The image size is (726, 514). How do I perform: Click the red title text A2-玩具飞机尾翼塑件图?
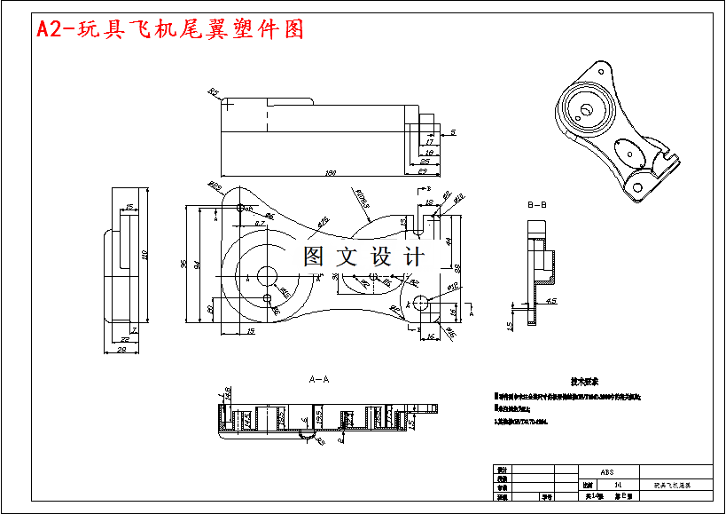tap(169, 29)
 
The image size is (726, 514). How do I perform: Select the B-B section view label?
tap(537, 205)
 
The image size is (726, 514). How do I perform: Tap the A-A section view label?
tap(319, 379)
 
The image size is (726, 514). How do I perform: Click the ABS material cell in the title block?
tap(607, 472)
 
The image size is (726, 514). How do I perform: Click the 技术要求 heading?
tap(586, 381)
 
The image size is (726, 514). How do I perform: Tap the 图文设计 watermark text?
tap(363, 257)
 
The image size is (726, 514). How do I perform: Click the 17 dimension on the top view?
tap(430, 141)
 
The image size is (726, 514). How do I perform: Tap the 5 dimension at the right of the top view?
tap(453, 131)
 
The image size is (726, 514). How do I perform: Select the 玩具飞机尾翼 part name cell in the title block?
tap(671, 486)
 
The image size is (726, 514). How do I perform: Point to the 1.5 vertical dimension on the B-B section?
tap(510, 326)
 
